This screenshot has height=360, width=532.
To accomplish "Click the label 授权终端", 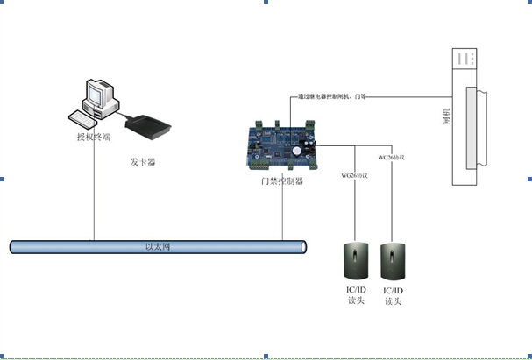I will point(93,138).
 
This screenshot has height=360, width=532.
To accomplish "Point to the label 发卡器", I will point(143,161).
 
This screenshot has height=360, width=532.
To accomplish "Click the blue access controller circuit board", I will point(281,143).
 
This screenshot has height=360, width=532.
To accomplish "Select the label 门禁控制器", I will point(282,181).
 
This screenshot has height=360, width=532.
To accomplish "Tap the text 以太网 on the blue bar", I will point(157,247).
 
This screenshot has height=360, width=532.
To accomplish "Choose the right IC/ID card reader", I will point(393,262).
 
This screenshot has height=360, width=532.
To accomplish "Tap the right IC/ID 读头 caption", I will point(393,295).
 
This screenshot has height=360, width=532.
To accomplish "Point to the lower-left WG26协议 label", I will point(354,175).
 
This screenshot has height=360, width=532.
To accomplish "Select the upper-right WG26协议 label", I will point(391,157).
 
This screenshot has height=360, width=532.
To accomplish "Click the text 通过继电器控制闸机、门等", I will point(332,97).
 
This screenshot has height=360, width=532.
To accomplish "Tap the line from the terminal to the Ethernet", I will point(94,193).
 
